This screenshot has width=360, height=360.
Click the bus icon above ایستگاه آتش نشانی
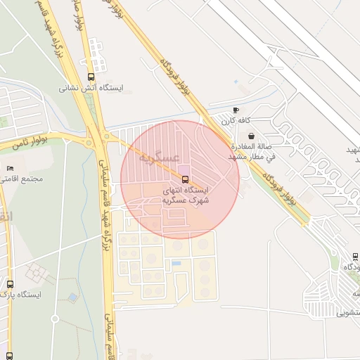tap(90, 77)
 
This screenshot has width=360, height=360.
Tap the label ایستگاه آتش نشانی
tap(90, 89)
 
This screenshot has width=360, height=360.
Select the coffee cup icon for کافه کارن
tap(236, 110)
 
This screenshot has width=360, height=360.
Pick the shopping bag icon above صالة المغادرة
tap(252, 136)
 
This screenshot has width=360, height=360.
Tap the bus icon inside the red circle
tap(185, 179)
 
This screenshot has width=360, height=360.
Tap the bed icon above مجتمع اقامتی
tap(9, 168)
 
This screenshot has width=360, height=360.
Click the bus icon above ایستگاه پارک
tap(10, 284)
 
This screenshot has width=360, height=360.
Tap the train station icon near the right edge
tap(355, 257)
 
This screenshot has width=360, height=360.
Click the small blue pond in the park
tap(72, 298)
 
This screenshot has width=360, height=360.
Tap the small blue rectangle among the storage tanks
tap(176, 263)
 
